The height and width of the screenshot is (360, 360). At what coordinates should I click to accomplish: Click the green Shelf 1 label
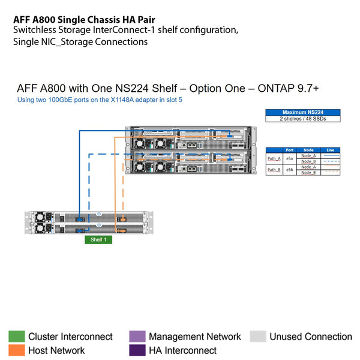tap(98, 239)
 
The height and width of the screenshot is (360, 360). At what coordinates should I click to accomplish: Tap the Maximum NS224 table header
tap(302, 112)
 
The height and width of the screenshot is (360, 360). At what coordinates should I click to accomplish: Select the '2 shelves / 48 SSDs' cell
tap(302, 118)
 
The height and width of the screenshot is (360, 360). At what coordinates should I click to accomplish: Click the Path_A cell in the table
tap(274, 158)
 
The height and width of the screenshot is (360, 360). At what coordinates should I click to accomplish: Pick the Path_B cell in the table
tap(274, 170)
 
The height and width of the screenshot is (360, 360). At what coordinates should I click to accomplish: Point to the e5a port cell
tap(290, 158)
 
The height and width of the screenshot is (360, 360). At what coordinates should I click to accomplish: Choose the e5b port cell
tap(290, 170)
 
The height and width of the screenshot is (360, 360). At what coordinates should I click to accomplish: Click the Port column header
tap(290, 150)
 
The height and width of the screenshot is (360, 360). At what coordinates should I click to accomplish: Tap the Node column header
tap(308, 150)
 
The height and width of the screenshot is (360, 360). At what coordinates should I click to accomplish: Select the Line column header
tap(331, 150)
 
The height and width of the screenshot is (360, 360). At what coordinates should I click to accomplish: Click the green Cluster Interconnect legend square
tap(16, 337)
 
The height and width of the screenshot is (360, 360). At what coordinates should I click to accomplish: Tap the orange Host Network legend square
tap(16, 350)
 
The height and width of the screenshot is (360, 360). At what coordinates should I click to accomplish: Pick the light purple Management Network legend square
tap(137, 337)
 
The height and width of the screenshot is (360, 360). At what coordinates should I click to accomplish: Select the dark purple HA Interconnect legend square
tap(137, 350)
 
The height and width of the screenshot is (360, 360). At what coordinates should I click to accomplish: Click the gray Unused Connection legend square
tap(257, 337)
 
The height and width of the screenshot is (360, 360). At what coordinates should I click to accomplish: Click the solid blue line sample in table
tap(331, 156)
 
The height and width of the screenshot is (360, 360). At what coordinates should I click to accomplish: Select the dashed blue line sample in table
tap(331, 161)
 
